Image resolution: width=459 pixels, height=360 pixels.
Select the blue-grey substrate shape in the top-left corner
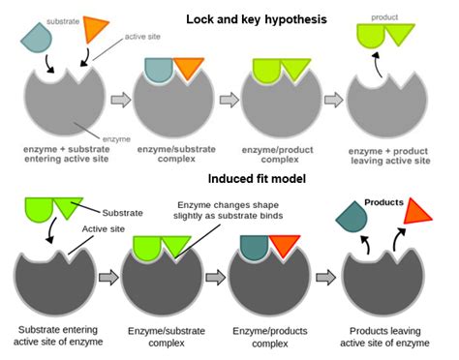(39, 38)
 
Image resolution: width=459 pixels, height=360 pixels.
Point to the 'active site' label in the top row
(141, 37)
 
